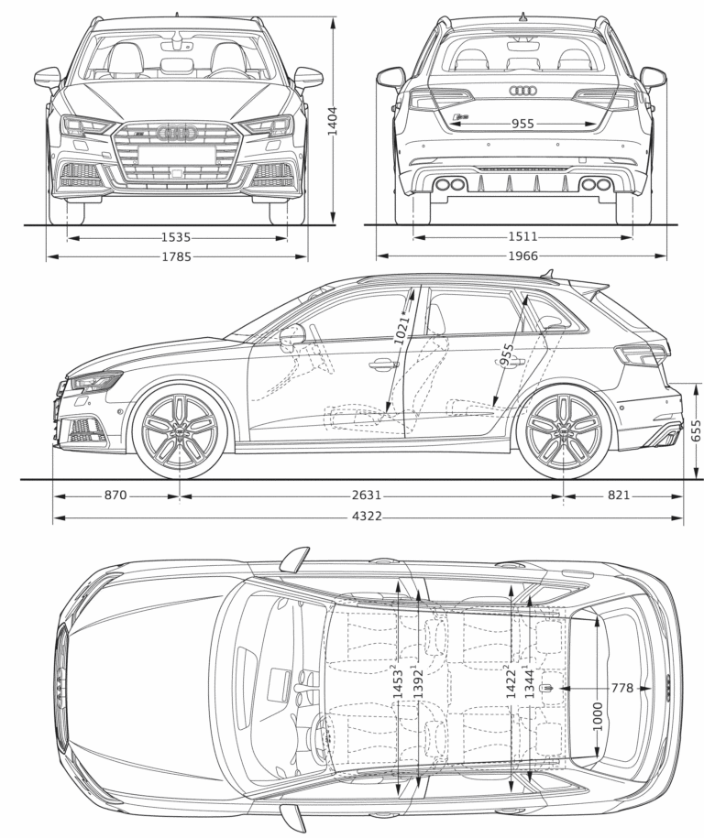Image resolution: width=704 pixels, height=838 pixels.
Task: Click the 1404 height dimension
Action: (333, 120)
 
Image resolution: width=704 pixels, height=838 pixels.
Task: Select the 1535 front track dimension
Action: (176, 238)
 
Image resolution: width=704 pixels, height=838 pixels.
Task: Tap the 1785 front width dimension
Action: (176, 257)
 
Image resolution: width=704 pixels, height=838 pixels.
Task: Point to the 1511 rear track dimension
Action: (523, 238)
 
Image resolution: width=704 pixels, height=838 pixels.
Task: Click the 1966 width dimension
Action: (523, 257)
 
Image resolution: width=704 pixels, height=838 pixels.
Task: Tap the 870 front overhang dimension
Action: (115, 495)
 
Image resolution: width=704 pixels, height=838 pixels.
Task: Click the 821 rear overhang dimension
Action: (619, 495)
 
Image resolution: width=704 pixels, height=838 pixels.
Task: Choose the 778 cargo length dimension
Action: (621, 688)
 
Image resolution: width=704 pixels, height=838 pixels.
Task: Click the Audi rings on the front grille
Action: (177, 134)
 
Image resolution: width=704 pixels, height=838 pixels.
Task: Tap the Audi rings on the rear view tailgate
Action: (523, 92)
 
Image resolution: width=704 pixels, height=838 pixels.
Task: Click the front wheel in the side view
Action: (180, 430)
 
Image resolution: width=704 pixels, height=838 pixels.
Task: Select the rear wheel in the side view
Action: (563, 430)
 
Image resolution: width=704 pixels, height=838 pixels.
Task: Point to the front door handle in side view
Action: (383, 365)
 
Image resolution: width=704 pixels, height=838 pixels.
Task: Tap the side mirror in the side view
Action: (292, 334)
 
